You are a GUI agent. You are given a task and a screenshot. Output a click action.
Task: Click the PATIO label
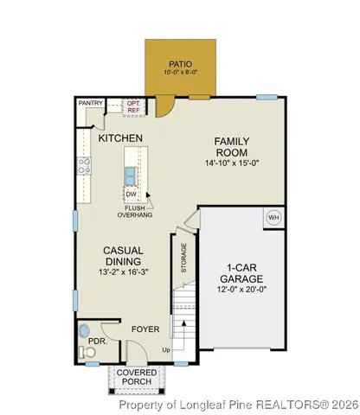[179, 62]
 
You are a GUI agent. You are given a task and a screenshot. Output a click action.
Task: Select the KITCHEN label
[120, 138]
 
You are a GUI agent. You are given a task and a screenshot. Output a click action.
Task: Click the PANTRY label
[90, 104]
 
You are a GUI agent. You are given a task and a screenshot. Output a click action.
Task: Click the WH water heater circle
[273, 217]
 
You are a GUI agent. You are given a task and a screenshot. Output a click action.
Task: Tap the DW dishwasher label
[132, 195]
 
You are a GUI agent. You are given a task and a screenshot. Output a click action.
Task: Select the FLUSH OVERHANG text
[135, 212]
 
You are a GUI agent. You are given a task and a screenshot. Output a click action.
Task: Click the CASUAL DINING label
[123, 256]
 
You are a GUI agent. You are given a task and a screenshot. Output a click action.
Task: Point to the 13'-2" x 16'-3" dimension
[123, 273]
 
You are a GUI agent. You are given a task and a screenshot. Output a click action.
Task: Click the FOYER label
[145, 329]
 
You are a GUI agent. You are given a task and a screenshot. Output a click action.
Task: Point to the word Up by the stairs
[166, 349]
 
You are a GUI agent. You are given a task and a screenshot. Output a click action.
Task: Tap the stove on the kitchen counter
[86, 165]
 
